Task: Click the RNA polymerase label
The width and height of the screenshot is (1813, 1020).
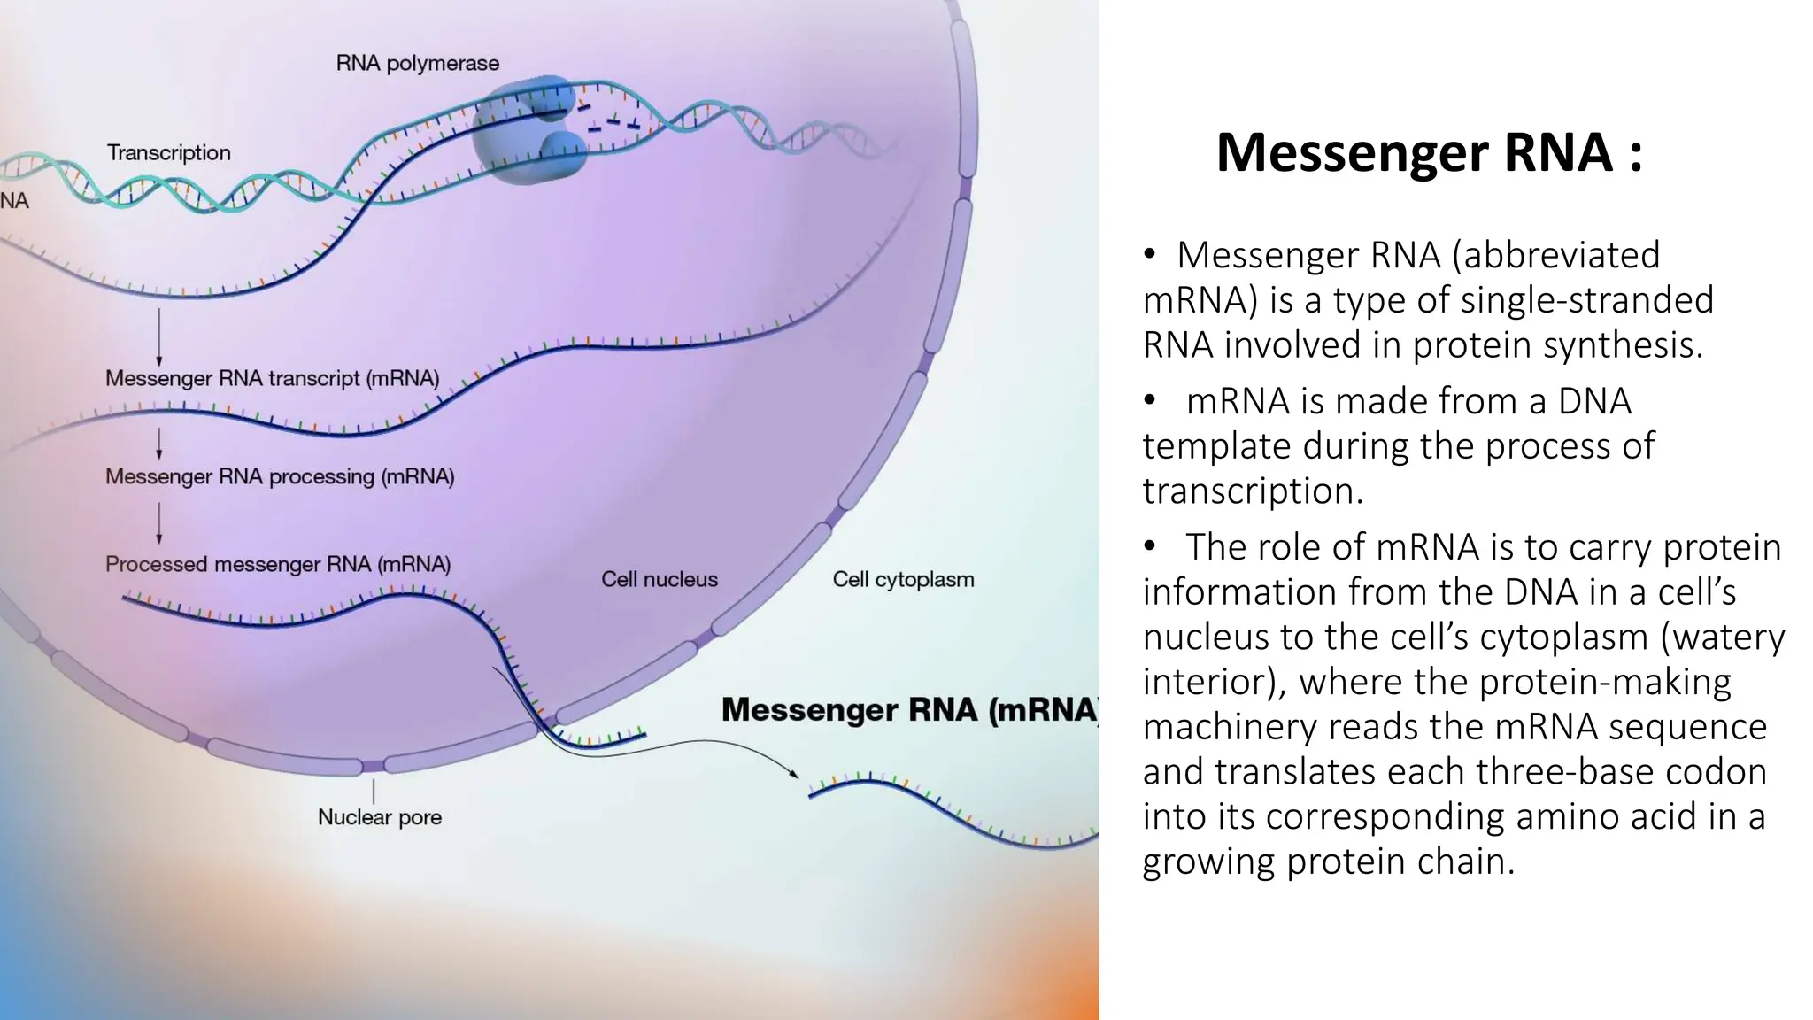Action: click(417, 64)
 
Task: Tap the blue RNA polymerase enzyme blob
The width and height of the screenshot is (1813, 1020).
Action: click(527, 133)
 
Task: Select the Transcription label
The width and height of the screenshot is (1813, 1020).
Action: click(168, 153)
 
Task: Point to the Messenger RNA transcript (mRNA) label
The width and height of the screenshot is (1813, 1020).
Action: click(272, 378)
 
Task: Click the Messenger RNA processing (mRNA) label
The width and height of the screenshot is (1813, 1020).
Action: click(280, 476)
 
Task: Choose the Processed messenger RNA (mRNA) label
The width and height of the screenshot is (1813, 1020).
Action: click(278, 564)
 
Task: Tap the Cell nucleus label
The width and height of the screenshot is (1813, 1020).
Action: click(660, 579)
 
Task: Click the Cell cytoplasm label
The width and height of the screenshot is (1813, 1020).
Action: click(903, 579)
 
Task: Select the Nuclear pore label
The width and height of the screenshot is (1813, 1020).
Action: click(379, 816)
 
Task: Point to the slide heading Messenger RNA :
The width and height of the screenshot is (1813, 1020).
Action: click(1429, 152)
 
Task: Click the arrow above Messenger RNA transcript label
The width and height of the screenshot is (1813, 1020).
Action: click(159, 336)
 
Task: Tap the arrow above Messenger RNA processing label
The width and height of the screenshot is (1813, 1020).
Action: click(159, 443)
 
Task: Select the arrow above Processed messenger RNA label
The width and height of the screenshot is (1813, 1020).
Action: click(159, 522)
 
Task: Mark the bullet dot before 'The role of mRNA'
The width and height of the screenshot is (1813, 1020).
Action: click(1149, 546)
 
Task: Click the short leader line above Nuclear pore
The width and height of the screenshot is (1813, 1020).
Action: click(374, 791)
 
